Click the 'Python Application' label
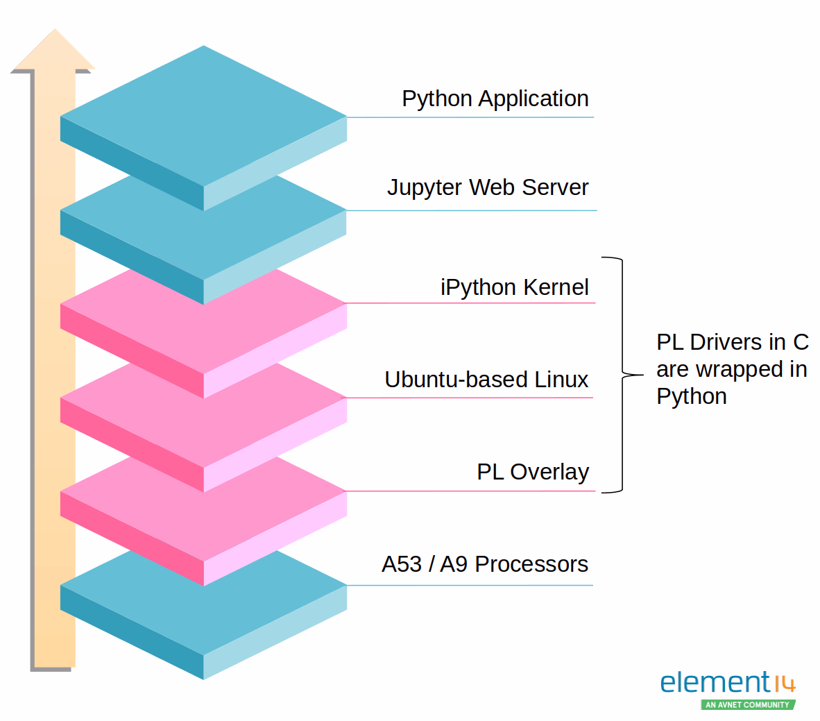[x=495, y=99]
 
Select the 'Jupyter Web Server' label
[x=488, y=187]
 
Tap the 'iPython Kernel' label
[x=514, y=287]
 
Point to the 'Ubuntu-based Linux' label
[x=486, y=380]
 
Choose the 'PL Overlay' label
[x=532, y=472]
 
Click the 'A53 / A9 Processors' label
[x=484, y=564]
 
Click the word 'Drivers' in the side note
[x=728, y=342]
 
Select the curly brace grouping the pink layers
[x=622, y=375]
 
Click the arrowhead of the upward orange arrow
[x=53, y=50]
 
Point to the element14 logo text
[x=715, y=683]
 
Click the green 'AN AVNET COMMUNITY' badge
[x=748, y=704]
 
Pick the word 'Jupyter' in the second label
[x=424, y=188]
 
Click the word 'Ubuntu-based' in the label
[x=456, y=380]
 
